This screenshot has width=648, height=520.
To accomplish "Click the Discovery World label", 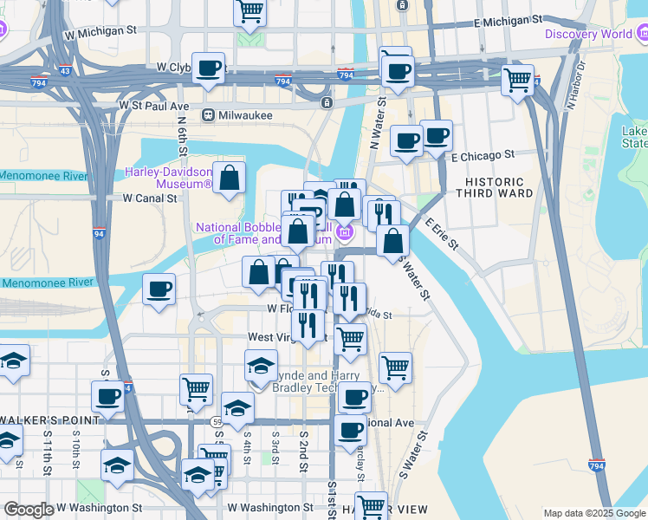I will click(x=588, y=34).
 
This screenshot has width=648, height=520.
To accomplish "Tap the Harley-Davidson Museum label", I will click(x=168, y=178).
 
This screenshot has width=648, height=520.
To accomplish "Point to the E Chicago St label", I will click(x=483, y=154).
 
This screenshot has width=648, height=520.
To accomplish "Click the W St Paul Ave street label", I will click(x=154, y=106).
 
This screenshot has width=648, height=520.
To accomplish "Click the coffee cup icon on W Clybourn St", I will click(x=208, y=68).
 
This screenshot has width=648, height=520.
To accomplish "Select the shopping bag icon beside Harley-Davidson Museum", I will click(x=230, y=179).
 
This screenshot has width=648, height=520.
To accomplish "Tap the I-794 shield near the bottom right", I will click(x=596, y=465).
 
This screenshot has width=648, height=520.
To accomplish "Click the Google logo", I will click(x=29, y=510).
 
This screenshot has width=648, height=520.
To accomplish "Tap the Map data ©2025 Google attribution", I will click(x=594, y=513).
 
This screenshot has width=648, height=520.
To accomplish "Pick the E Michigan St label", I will click(x=508, y=18).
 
